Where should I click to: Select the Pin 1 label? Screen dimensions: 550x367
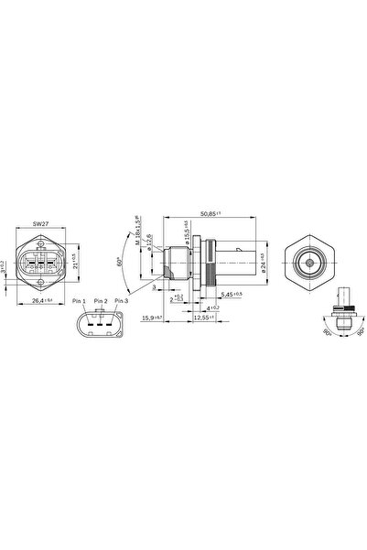(77, 301)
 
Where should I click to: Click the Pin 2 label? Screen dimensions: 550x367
(99, 301)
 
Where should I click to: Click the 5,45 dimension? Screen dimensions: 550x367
(232, 294)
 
